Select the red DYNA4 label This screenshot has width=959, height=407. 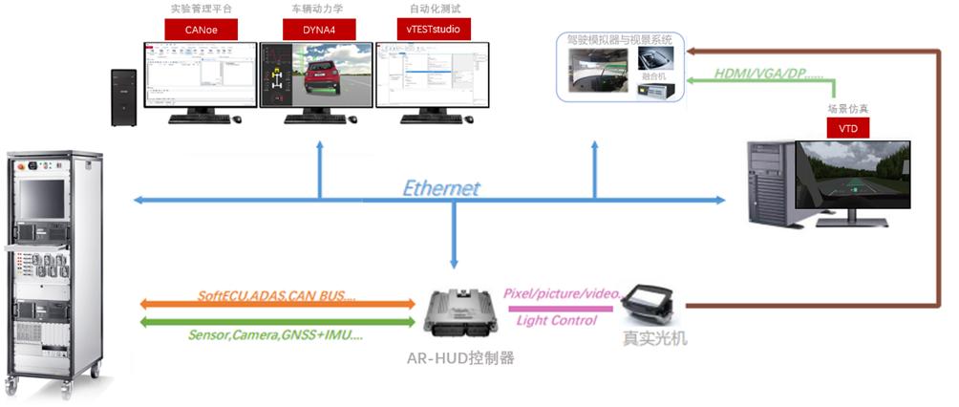(316, 30)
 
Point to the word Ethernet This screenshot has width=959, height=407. (440, 188)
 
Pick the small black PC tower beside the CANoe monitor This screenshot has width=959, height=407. (123, 96)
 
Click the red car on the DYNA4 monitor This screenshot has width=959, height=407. (326, 76)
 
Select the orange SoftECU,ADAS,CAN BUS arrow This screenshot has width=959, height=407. (277, 304)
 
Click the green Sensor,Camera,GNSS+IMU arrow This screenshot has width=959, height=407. (277, 323)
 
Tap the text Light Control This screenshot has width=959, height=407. (556, 320)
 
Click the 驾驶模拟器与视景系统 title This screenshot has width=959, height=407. (615, 40)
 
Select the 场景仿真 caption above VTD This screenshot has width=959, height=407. (846, 109)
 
